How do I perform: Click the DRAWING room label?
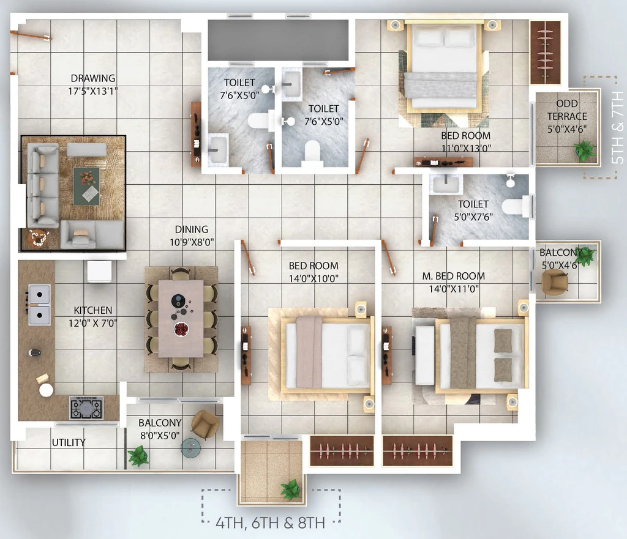point(93,78)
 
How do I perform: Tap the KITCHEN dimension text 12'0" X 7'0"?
point(92,323)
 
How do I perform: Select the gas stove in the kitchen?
point(86,407)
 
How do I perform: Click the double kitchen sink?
point(39,305)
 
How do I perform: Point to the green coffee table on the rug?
point(86,186)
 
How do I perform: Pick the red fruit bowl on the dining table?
point(181,329)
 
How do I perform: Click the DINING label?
point(192,229)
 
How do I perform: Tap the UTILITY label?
point(69,442)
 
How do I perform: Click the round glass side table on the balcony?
point(190,448)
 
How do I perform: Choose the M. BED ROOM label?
point(454,276)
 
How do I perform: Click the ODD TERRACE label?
point(567,110)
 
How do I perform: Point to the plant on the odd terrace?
point(585,151)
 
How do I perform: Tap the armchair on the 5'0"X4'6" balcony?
point(554,282)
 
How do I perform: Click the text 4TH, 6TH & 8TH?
point(270,523)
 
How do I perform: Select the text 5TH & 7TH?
point(618,127)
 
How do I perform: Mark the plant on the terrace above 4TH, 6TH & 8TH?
point(291,490)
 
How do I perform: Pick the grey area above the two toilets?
point(279,40)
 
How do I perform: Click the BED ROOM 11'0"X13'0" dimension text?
point(466,148)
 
